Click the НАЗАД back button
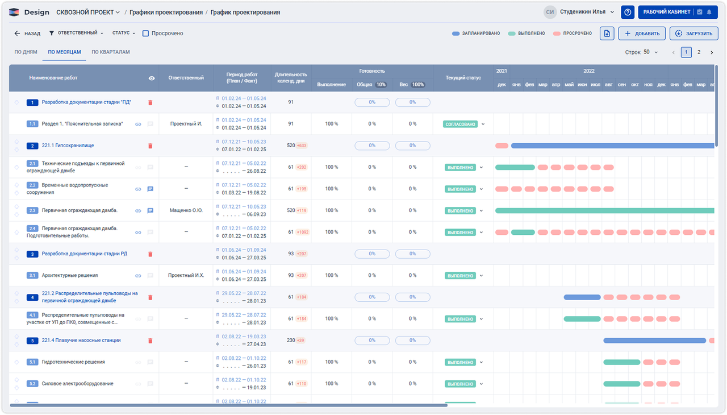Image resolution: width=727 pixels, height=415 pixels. [x=27, y=34]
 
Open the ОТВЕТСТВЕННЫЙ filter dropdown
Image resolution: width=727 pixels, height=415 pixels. [x=76, y=34]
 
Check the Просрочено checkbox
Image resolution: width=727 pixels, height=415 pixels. [x=146, y=34]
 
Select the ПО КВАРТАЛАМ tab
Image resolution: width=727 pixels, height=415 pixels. [x=111, y=52]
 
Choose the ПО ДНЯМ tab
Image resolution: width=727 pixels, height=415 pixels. [x=26, y=52]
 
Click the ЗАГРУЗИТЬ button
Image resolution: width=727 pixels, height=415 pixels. [x=693, y=34]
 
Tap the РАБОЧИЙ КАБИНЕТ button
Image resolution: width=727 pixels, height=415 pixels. [x=666, y=12]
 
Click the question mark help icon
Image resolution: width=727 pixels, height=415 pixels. [x=628, y=12]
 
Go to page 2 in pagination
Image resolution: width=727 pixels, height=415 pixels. [x=699, y=52]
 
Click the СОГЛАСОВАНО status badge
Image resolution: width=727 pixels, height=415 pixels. [x=460, y=124]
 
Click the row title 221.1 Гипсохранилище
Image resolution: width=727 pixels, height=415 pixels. [x=68, y=146]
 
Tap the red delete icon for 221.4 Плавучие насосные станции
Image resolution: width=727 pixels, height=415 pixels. [x=151, y=341]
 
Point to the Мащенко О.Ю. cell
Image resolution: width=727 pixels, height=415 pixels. [x=186, y=210]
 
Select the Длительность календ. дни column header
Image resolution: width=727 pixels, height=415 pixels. [x=291, y=78]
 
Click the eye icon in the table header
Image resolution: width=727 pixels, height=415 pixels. [x=152, y=78]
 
